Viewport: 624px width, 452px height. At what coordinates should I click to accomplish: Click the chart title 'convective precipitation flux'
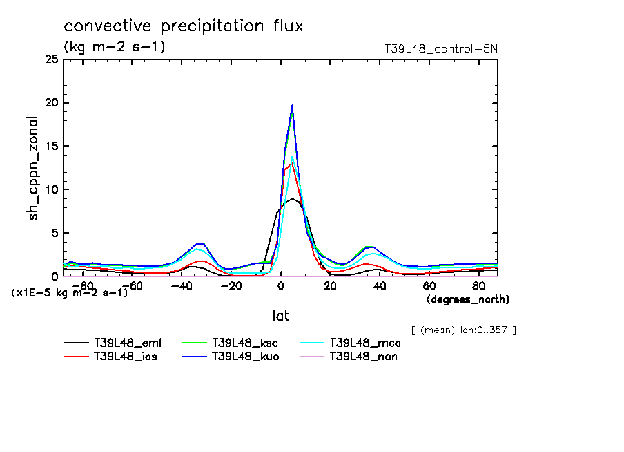click(x=183, y=26)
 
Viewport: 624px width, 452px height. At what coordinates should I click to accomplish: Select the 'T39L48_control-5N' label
click(x=440, y=49)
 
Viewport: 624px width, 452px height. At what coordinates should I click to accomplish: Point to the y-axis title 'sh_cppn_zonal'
click(x=33, y=168)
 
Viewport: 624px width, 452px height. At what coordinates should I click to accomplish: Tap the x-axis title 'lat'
click(x=280, y=315)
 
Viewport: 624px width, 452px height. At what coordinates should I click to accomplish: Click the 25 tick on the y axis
click(x=50, y=60)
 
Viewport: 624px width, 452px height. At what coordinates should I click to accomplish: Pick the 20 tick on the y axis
click(x=50, y=103)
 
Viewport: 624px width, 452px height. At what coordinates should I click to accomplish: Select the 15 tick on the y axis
click(x=52, y=147)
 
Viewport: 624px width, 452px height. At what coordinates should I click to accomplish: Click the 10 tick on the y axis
click(x=52, y=189)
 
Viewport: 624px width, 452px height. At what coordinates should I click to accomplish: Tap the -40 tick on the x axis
click(x=181, y=285)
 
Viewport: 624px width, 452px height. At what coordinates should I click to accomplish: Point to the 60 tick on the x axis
click(x=429, y=285)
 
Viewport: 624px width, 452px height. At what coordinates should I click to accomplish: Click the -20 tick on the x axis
click(x=231, y=285)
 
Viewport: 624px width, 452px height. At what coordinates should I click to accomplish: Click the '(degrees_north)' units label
click(x=468, y=299)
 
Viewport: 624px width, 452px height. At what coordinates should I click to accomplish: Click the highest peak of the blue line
click(x=293, y=106)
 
